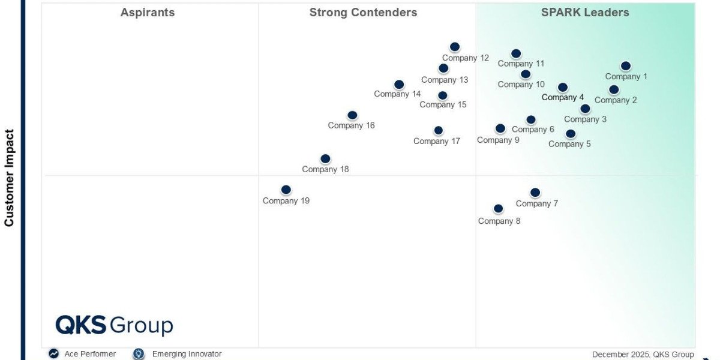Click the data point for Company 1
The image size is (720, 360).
point(626,66)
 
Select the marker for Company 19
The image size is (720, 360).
point(286,190)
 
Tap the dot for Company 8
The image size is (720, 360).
point(499,209)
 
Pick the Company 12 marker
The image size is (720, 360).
point(455,47)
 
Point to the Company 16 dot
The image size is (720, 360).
point(352,115)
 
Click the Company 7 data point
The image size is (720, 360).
point(535,193)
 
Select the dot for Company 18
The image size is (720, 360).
point(325,159)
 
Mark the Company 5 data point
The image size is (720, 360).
point(571,134)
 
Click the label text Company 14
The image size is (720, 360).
point(397,94)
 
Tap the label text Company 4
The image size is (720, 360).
point(563,97)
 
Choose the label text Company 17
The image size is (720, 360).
point(437,142)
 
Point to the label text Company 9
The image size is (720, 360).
point(498,140)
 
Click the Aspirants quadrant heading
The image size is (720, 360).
point(148,13)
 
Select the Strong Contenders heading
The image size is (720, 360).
point(363,13)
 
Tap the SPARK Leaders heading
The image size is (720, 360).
point(585,13)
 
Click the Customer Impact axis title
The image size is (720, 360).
point(9,178)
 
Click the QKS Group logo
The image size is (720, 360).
point(114,325)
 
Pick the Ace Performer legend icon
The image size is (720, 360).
point(54,354)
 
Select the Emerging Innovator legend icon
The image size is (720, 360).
point(139,354)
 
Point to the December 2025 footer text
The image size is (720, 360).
point(643,355)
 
